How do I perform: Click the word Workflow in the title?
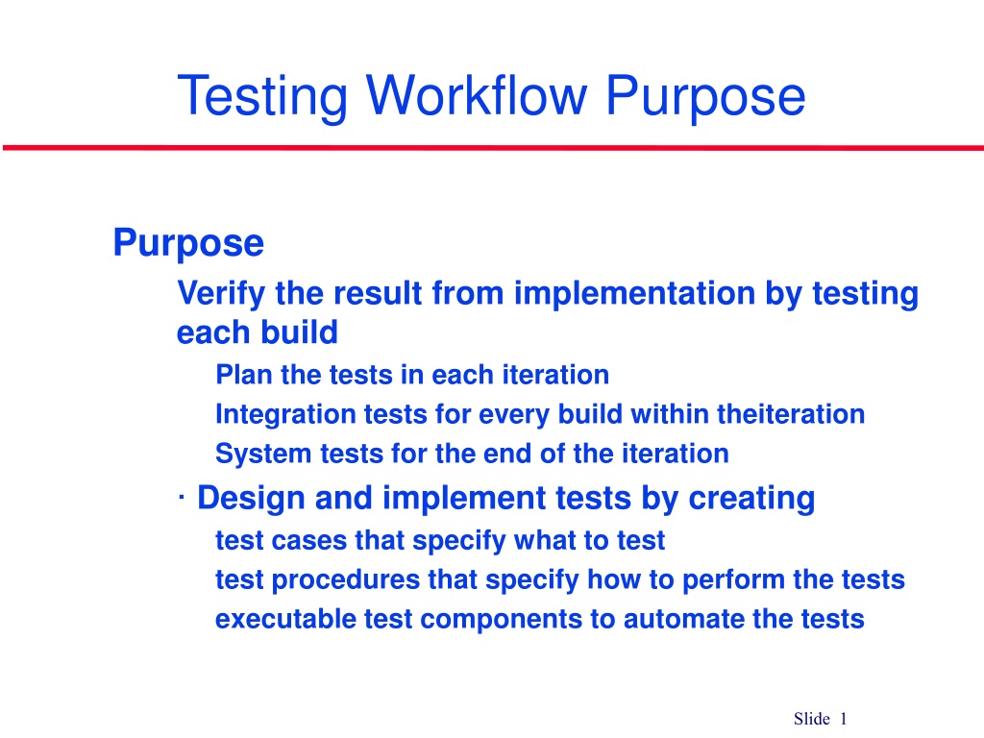[x=477, y=95]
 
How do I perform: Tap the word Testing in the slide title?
[x=262, y=97]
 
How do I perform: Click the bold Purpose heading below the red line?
[x=188, y=243]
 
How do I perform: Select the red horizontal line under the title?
[x=493, y=148]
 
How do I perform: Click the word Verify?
[x=221, y=294]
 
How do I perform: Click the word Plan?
[x=244, y=375]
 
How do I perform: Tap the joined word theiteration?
[x=791, y=414]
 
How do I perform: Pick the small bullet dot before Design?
[x=182, y=499]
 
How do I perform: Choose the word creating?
[x=751, y=499]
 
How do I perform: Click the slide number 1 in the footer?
[x=844, y=719]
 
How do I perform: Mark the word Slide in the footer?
[x=811, y=719]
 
